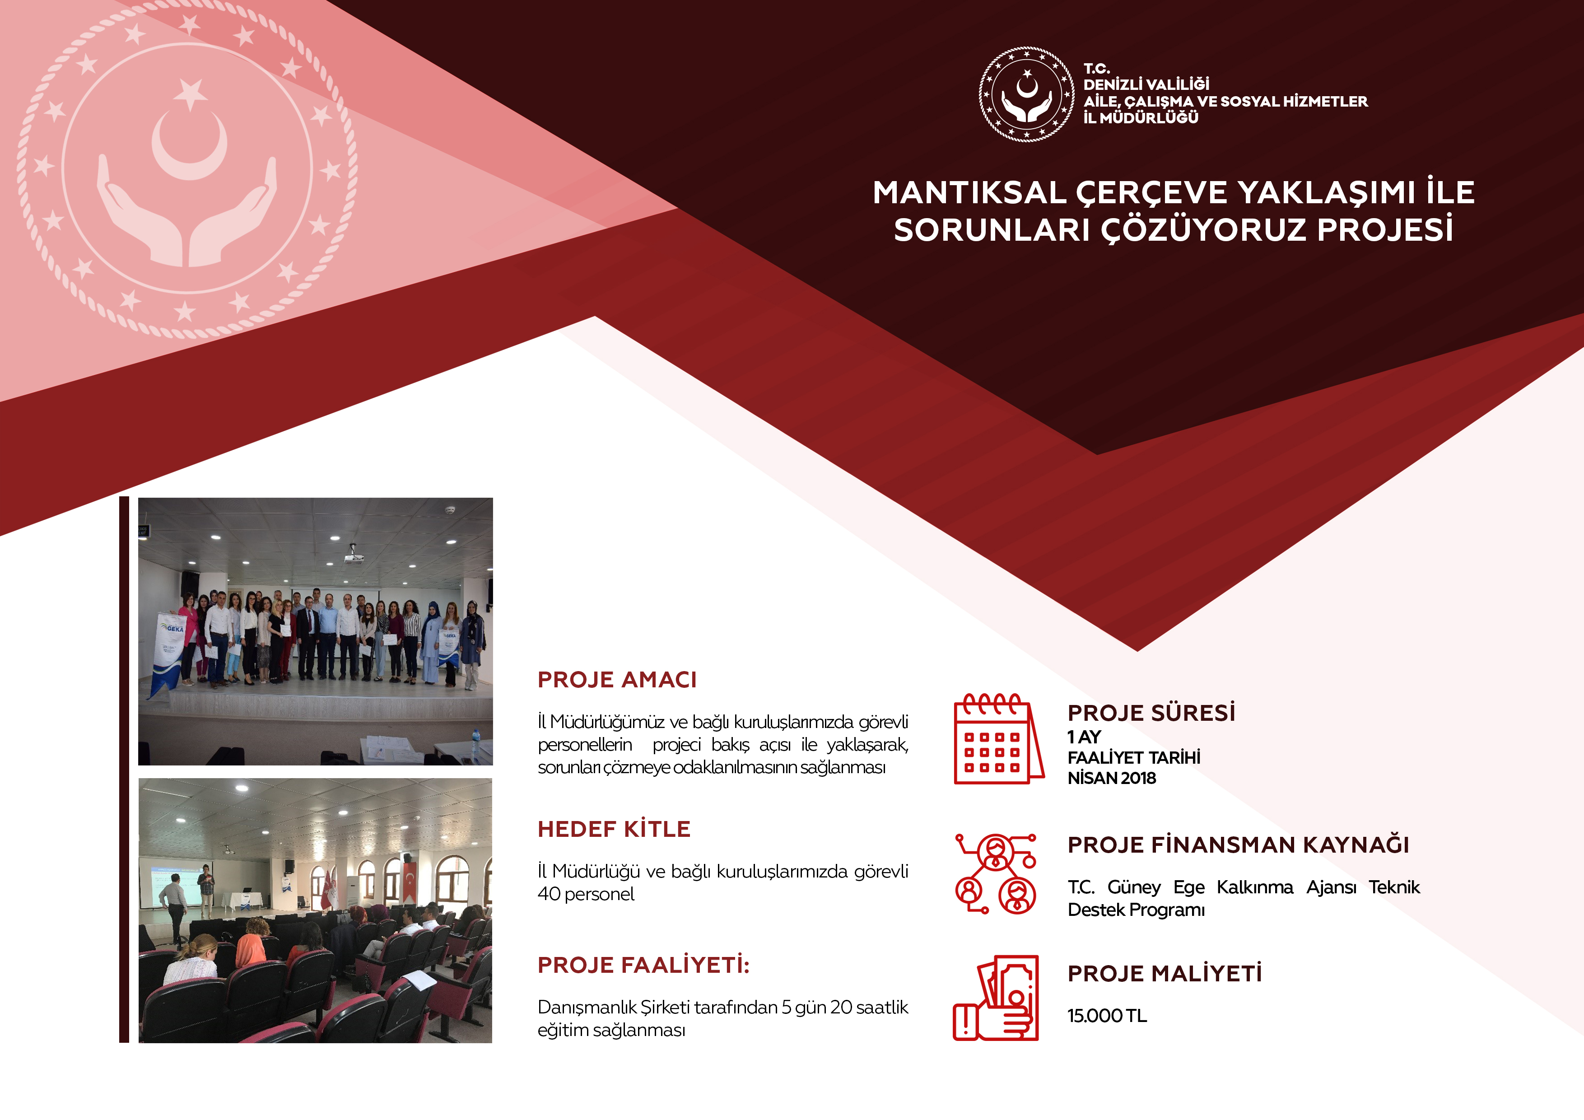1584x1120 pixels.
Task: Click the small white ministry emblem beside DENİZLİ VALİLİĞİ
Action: pyautogui.click(x=1026, y=94)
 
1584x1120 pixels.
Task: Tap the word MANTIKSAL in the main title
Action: pyautogui.click(x=969, y=192)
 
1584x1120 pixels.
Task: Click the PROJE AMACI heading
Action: pyautogui.click(x=617, y=680)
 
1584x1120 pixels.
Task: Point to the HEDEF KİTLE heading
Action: pyautogui.click(x=614, y=829)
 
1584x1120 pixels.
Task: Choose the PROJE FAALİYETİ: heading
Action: pyautogui.click(x=643, y=965)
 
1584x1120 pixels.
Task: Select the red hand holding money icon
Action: pyautogui.click(x=996, y=998)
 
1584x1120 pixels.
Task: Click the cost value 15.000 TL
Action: pyautogui.click(x=1107, y=1016)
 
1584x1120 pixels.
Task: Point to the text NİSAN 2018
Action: pyautogui.click(x=1111, y=779)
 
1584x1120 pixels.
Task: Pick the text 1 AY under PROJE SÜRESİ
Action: pyautogui.click(x=1084, y=737)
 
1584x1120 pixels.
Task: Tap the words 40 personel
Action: pyautogui.click(x=586, y=894)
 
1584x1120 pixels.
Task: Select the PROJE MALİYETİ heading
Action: pyautogui.click(x=1165, y=973)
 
